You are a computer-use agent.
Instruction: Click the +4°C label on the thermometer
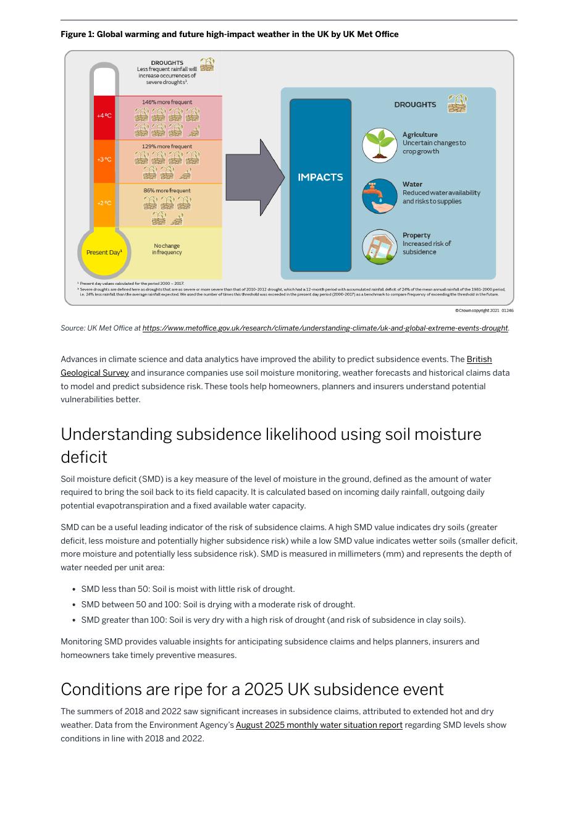click(104, 116)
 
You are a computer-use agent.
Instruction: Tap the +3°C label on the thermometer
click(104, 159)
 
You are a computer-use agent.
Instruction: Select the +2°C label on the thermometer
click(104, 203)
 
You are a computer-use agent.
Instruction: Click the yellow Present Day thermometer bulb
click(104, 252)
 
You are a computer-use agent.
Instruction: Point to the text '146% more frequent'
click(167, 102)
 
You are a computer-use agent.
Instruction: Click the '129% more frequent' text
click(167, 146)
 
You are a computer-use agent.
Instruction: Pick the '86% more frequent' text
click(167, 190)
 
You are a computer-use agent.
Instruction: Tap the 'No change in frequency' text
click(167, 249)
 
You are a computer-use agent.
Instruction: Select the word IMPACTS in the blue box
click(320, 177)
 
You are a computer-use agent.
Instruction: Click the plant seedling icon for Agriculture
click(380, 145)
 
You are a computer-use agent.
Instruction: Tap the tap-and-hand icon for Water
click(380, 196)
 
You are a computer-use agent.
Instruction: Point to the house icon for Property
click(380, 247)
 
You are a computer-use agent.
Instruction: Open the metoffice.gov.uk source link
click(325, 328)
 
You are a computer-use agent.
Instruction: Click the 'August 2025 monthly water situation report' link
click(319, 725)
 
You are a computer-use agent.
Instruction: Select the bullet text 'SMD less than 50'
click(188, 589)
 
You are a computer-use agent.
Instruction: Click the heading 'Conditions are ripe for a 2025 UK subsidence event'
click(252, 689)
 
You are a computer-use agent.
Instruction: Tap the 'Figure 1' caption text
click(229, 35)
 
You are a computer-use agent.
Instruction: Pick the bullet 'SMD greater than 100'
click(273, 620)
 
